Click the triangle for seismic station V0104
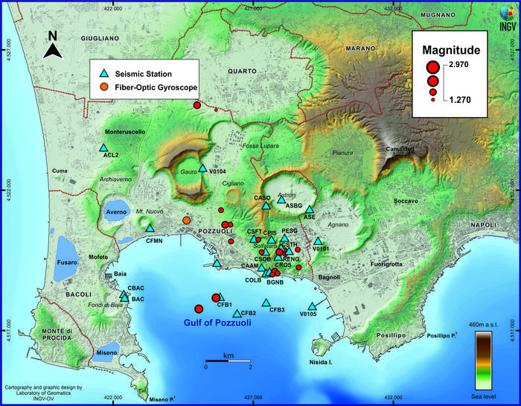tap(202, 168)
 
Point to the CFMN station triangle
tap(150, 229)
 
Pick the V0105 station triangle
tap(313, 306)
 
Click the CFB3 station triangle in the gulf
tap(266, 302)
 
